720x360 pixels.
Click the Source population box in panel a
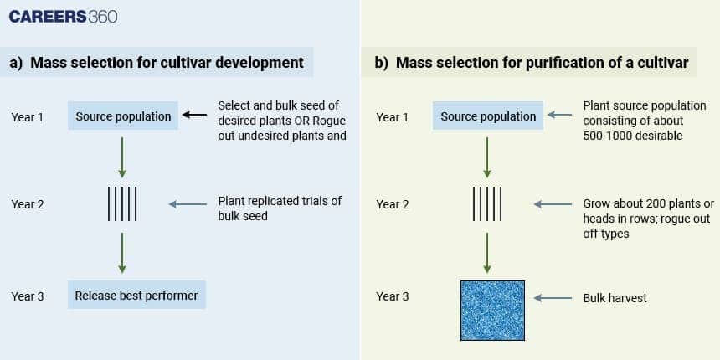123,116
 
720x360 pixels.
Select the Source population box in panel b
488,116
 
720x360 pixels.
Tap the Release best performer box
136,296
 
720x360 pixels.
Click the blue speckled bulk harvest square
492,309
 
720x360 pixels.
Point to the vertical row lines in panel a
122,204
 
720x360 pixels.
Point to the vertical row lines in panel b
487,204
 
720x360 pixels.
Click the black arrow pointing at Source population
194,116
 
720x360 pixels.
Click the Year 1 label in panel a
28,117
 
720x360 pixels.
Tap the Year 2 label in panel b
393,204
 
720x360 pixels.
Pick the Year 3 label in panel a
28,296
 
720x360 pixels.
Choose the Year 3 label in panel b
393,296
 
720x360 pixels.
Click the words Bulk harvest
615,298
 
